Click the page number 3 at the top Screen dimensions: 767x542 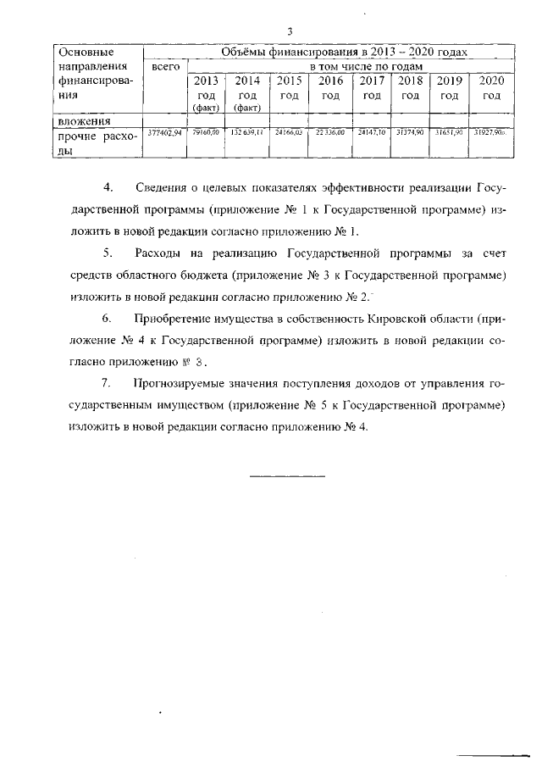click(x=290, y=31)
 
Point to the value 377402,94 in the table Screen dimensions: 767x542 click(x=164, y=133)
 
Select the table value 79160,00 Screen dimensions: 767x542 click(x=206, y=133)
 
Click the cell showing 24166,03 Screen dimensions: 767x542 click(x=288, y=133)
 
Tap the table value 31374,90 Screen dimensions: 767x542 click(x=410, y=133)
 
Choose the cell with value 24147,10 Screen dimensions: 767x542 click(x=370, y=133)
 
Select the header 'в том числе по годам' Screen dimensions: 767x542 click(x=365, y=66)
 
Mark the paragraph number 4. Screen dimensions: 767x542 click(x=107, y=186)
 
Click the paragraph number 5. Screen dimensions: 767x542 click(x=107, y=253)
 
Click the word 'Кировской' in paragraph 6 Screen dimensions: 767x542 click(x=398, y=319)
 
